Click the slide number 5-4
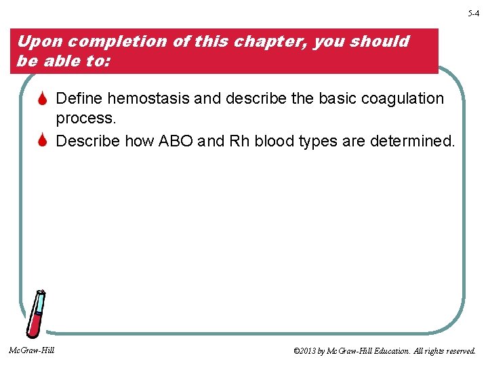point(472,13)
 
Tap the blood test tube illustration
point(36,314)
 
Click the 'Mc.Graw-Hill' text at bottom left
point(32,350)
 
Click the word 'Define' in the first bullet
point(79,99)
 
